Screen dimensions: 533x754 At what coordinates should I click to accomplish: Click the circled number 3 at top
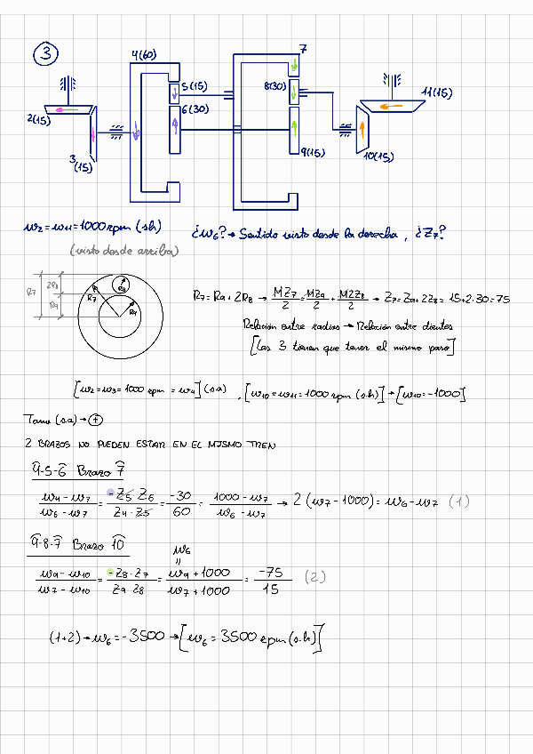click(x=45, y=55)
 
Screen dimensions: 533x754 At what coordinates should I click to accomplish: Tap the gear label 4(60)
click(x=144, y=55)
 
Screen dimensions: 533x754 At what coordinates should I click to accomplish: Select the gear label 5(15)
click(x=194, y=86)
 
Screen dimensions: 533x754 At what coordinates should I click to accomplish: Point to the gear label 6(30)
click(x=195, y=108)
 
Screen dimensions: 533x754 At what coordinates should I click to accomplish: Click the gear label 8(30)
click(x=274, y=86)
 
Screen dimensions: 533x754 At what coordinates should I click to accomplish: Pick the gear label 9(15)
click(x=312, y=153)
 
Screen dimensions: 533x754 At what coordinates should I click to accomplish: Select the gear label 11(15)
click(x=437, y=92)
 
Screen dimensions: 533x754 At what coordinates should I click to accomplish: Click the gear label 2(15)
click(x=38, y=119)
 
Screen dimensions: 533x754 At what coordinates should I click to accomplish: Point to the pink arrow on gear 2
click(x=59, y=108)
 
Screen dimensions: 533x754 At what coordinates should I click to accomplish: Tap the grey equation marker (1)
click(x=458, y=501)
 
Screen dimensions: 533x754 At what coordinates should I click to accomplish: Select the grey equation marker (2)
click(x=316, y=576)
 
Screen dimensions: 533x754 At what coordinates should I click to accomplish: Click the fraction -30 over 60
click(x=183, y=501)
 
